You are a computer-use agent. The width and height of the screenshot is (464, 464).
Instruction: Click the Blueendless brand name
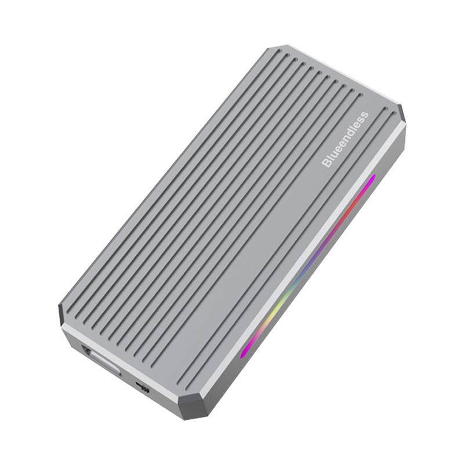tap(345, 140)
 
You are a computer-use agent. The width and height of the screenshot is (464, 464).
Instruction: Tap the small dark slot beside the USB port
tap(142, 387)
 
